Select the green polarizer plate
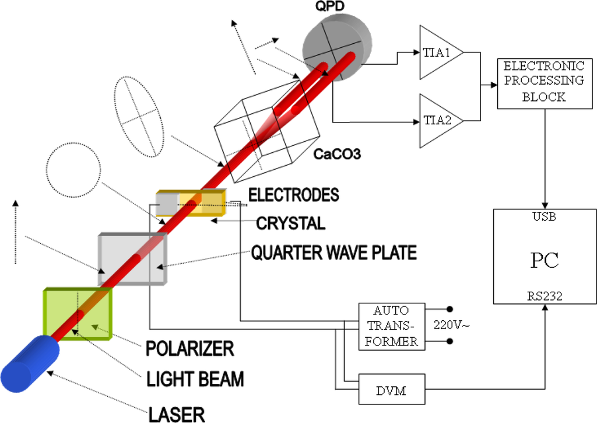click(77, 313)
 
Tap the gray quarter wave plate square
click(133, 258)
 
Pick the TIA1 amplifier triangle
click(438, 52)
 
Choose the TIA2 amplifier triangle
click(438, 121)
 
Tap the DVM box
click(391, 389)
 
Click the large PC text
click(545, 260)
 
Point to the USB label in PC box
click(545, 217)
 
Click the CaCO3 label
click(338, 155)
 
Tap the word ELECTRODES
click(294, 194)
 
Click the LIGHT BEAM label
click(195, 379)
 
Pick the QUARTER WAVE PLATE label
click(334, 253)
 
